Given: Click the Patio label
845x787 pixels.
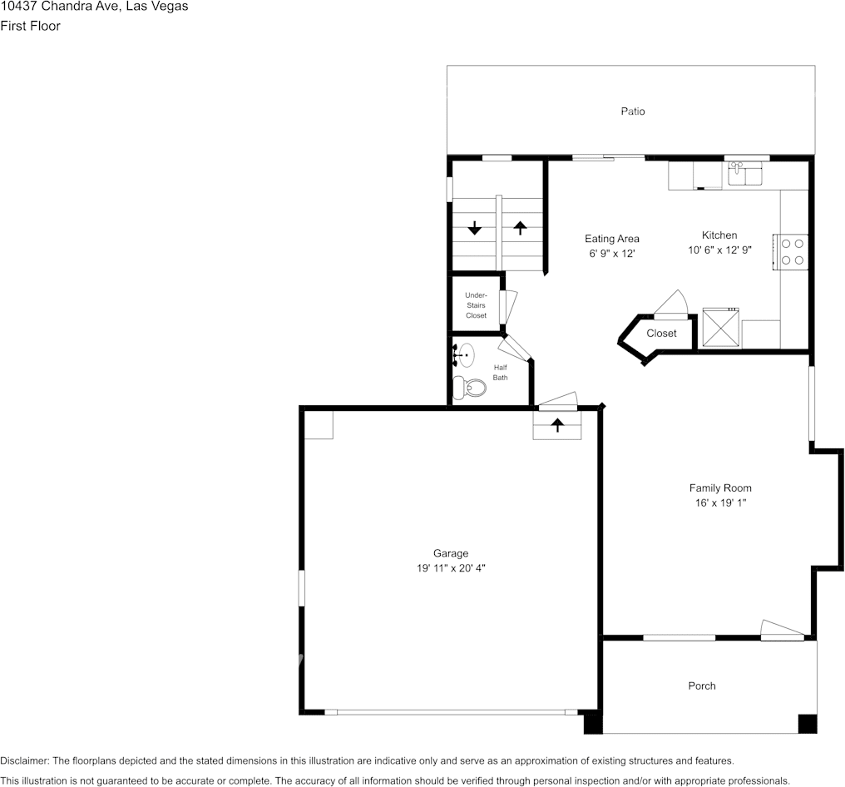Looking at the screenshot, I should tap(633, 111).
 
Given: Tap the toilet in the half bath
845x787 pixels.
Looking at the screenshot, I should tap(471, 387).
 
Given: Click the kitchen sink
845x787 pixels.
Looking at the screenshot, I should tap(745, 174).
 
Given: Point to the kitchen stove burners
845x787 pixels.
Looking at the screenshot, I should tap(793, 252).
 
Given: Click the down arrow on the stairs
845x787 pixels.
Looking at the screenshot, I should tap(474, 228).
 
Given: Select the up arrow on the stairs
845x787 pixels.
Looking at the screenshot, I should tap(521, 227).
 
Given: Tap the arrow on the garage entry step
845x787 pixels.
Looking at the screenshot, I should tap(557, 425).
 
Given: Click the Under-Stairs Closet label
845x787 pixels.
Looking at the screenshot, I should tap(476, 305).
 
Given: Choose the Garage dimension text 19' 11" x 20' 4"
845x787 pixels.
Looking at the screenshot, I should tap(451, 567).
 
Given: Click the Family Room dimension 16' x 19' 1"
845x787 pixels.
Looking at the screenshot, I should tap(721, 502).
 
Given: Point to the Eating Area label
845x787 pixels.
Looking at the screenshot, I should tap(612, 239).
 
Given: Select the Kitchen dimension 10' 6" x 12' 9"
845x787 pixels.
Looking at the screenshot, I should tap(719, 250).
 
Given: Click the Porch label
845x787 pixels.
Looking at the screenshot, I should tap(702, 686).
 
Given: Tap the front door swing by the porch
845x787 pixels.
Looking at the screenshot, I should tap(782, 630).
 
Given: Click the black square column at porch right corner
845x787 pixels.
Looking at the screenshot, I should tap(807, 724).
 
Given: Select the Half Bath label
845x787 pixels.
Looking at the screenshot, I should tap(500, 373).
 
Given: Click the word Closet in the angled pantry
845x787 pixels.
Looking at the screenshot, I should tap(661, 334).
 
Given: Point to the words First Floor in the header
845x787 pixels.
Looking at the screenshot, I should tap(30, 26).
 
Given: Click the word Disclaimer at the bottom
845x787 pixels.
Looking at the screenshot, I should tap(24, 761).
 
